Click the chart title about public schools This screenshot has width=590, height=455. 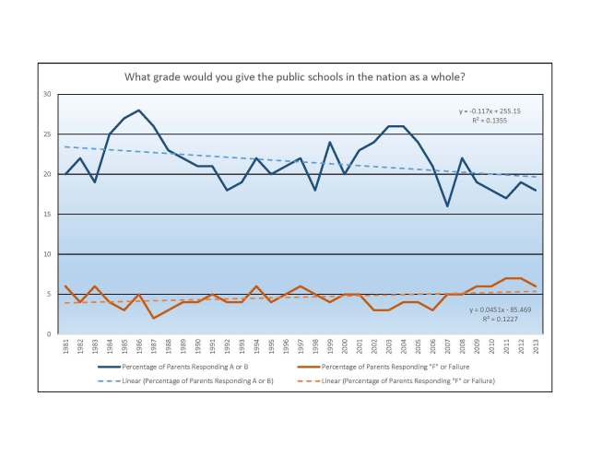click(x=294, y=77)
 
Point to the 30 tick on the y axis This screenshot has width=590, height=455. click(x=46, y=95)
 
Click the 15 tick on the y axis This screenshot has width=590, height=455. click(x=46, y=215)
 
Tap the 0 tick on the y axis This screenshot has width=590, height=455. click(x=48, y=334)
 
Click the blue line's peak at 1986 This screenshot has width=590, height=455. click(x=138, y=111)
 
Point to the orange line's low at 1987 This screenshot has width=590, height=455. click(x=153, y=318)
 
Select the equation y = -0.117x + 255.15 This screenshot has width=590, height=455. click(x=490, y=111)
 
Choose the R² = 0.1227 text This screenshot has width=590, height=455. click(x=493, y=321)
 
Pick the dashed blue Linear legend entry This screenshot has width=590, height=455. click(x=201, y=380)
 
